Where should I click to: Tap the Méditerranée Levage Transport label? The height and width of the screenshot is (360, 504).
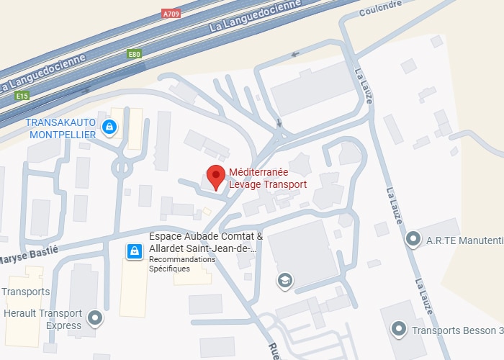click(x=268, y=178)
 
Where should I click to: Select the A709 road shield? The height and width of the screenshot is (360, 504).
click(x=171, y=13)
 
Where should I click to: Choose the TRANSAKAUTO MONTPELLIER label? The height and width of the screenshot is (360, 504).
click(x=61, y=129)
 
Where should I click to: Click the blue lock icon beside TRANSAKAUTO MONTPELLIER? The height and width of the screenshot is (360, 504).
click(x=109, y=127)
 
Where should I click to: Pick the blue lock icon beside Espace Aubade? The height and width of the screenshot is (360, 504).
click(x=134, y=251)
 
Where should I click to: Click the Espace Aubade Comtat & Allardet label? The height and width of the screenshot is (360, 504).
click(x=205, y=243)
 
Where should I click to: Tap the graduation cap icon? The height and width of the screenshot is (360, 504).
click(x=286, y=280)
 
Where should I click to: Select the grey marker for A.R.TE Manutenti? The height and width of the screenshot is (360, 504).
click(x=413, y=238)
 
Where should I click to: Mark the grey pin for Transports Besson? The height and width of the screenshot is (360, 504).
click(x=399, y=330)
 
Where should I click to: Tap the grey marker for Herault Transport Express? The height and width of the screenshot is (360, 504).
click(x=95, y=318)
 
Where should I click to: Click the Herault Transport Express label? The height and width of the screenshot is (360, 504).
click(x=43, y=319)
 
